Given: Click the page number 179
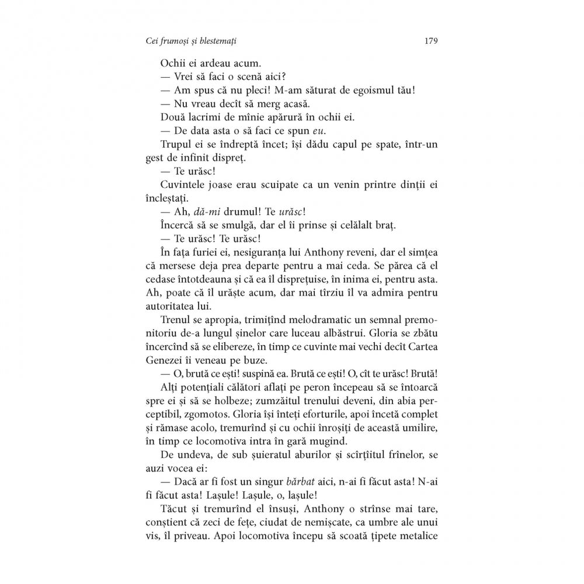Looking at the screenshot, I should point(432,41).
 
